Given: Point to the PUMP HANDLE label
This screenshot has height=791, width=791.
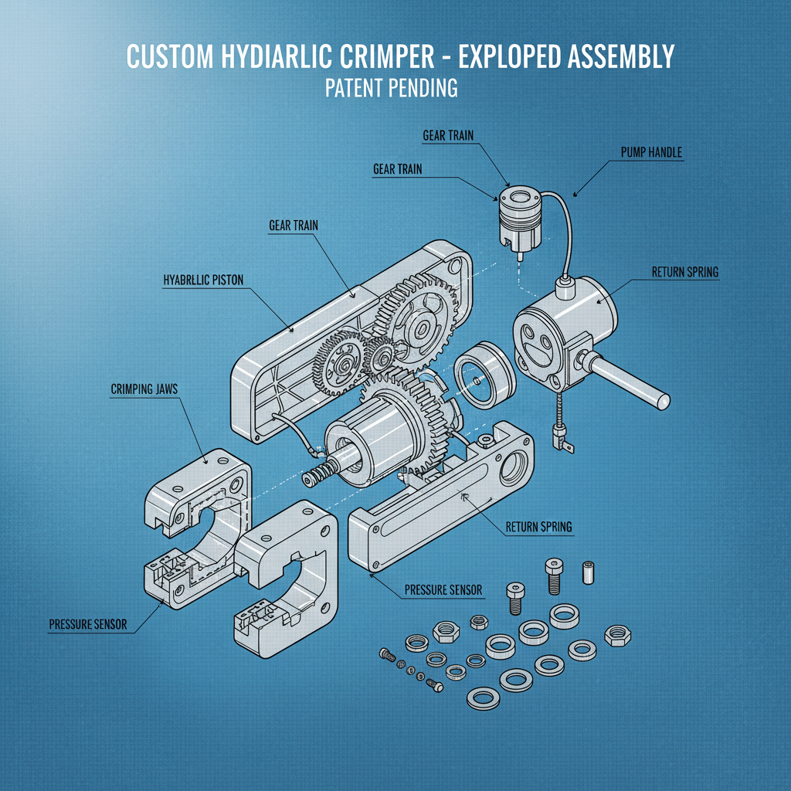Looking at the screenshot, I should coord(651,153).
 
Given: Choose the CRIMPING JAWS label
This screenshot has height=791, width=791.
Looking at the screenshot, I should coord(144,389).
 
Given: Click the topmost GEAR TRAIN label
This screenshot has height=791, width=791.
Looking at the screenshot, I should coord(448,136).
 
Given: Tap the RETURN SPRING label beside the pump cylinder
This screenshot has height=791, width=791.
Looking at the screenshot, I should coord(685,271).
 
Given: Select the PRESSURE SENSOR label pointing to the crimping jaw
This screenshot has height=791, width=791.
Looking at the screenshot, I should coord(87,623).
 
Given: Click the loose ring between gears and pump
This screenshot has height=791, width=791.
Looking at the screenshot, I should coord(484,375).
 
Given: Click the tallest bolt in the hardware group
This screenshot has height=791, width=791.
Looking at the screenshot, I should coord(552,575).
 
